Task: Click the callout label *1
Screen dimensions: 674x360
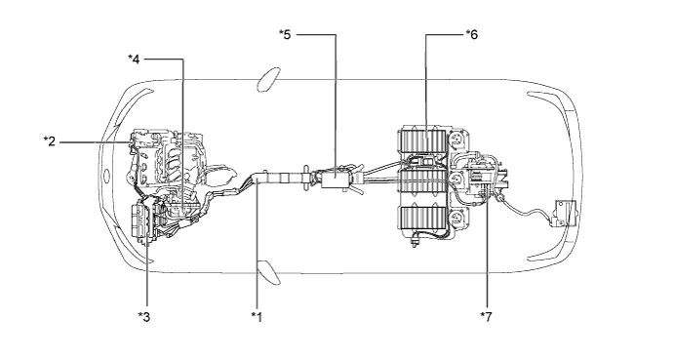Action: [257, 317]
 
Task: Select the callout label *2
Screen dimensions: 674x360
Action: [50, 141]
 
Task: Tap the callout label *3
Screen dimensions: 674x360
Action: [144, 317]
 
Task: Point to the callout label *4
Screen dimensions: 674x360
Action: [134, 59]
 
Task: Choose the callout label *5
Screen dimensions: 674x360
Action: [285, 34]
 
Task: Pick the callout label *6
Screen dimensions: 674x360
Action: [471, 34]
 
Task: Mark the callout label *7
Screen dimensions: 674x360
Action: [486, 317]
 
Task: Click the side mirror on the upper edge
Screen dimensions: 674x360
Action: [268, 79]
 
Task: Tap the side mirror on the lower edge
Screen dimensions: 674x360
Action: [268, 272]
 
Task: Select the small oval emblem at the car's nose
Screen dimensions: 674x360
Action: [105, 176]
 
